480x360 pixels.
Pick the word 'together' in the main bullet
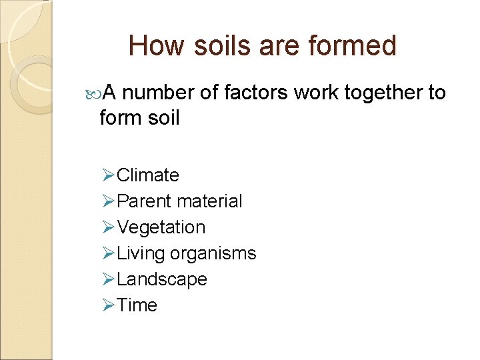[x=385, y=93]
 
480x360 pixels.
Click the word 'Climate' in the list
[x=147, y=175]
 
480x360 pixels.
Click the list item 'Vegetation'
[x=161, y=227]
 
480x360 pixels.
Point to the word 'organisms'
[x=213, y=253]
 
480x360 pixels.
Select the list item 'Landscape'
[x=161, y=279]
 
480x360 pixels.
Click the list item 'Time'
[x=137, y=305]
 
